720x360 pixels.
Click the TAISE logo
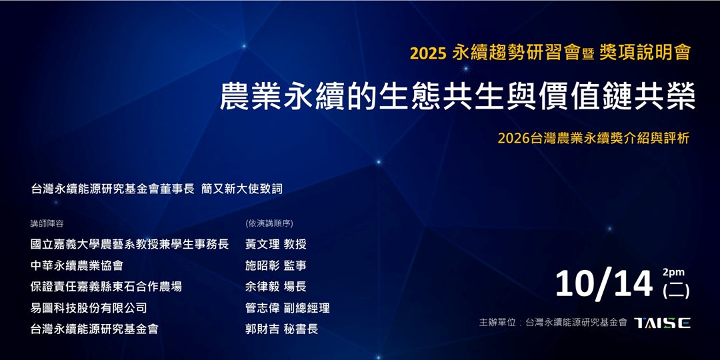662,323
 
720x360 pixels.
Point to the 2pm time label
674,272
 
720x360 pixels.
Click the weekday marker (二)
676,291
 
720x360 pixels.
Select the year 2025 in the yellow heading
427,53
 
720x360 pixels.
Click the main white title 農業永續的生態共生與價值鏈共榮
458,97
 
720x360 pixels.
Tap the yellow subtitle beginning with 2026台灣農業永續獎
593,138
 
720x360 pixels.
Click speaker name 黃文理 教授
275,244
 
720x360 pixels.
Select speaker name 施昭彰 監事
275,265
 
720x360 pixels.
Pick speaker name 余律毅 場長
275,287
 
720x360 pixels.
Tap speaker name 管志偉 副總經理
287,308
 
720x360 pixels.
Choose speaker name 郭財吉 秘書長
281,329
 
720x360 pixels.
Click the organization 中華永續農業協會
77,265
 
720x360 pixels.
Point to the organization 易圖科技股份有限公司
89,308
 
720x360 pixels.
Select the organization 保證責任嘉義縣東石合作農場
106,287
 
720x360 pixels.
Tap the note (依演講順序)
269,223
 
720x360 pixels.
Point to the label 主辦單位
499,323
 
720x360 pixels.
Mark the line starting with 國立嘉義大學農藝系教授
129,244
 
